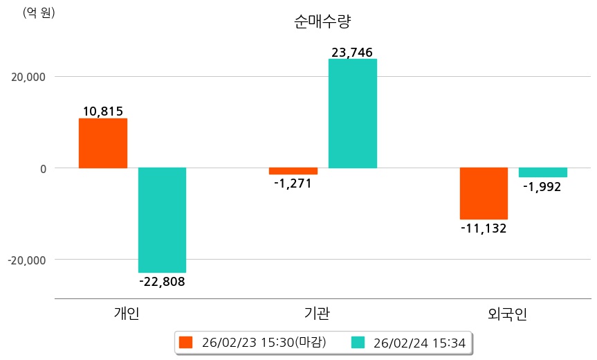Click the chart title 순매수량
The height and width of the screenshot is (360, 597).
(322, 21)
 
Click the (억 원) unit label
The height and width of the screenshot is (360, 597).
(39, 12)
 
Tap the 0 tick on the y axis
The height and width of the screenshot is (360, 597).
(42, 168)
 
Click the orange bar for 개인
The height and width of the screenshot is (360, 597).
(102, 143)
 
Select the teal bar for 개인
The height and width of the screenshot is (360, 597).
(162, 220)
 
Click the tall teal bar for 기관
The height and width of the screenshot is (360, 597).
(353, 114)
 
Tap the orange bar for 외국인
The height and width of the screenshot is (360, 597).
(484, 193)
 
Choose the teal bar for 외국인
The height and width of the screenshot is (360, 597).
(543, 172)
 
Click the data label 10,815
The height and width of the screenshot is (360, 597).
(102, 111)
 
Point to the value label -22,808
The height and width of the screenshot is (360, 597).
(162, 282)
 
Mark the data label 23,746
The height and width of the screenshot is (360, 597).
(353, 51)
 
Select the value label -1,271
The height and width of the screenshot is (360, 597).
(293, 183)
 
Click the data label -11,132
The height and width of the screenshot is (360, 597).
(484, 228)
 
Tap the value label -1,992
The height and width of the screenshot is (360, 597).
(542, 186)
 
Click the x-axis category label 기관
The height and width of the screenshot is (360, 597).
(317, 314)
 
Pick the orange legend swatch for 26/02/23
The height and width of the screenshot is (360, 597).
(185, 342)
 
